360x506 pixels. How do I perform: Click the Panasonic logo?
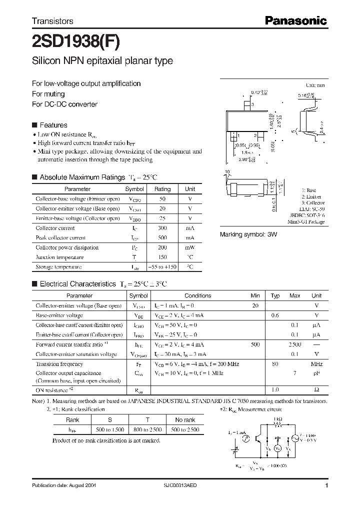click(x=295, y=21)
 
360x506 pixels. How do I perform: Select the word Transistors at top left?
click(x=52, y=21)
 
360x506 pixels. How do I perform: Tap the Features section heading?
click(x=53, y=125)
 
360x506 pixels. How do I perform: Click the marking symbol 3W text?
click(x=248, y=234)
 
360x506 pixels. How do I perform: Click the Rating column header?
click(x=162, y=189)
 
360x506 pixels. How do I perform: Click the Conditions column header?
click(x=198, y=296)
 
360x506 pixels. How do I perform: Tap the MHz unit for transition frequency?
click(x=316, y=364)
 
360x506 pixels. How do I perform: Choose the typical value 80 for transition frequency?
click(x=274, y=364)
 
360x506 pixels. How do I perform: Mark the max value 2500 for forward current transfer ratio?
click(x=295, y=344)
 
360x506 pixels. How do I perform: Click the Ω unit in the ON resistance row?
click(x=316, y=389)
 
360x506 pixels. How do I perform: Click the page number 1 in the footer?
click(x=326, y=485)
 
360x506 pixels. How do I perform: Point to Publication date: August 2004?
click(x=63, y=485)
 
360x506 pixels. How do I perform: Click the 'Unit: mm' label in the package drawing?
click(x=315, y=86)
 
